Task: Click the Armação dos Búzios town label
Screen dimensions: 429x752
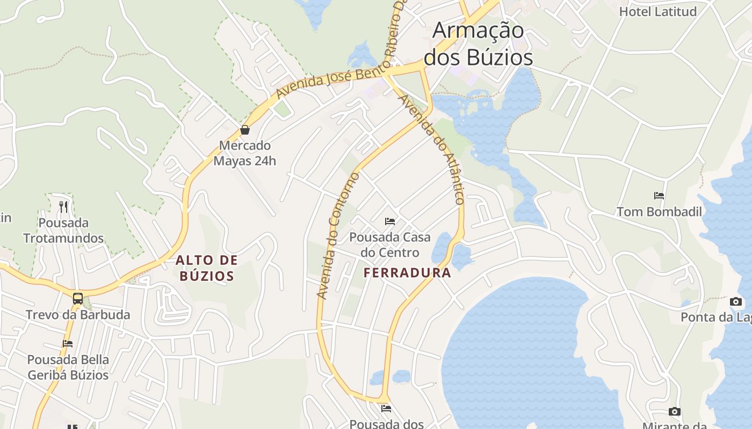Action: [478, 44]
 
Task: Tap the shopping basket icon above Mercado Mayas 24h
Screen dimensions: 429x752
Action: [245, 130]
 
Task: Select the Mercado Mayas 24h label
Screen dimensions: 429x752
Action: [245, 153]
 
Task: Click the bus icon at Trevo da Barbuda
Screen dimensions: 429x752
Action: [78, 299]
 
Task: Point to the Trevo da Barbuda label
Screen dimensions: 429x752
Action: [78, 315]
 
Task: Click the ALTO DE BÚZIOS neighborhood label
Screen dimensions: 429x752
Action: [207, 268]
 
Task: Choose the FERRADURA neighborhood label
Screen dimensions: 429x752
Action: [407, 273]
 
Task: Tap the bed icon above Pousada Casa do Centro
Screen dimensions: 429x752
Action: [390, 221]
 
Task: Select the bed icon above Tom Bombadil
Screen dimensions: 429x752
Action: [659, 196]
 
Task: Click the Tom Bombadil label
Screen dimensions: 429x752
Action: [659, 212]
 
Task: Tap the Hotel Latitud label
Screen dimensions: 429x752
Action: [658, 12]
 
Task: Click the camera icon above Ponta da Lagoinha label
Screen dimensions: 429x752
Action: [736, 301]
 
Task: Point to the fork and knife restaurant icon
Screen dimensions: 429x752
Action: [63, 206]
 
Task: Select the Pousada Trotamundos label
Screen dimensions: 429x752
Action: [63, 231]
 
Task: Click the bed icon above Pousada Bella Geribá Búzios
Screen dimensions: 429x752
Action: [68, 344]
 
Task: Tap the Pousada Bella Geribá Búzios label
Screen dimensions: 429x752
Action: [68, 367]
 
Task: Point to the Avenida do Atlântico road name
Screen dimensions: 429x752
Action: [432, 150]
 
